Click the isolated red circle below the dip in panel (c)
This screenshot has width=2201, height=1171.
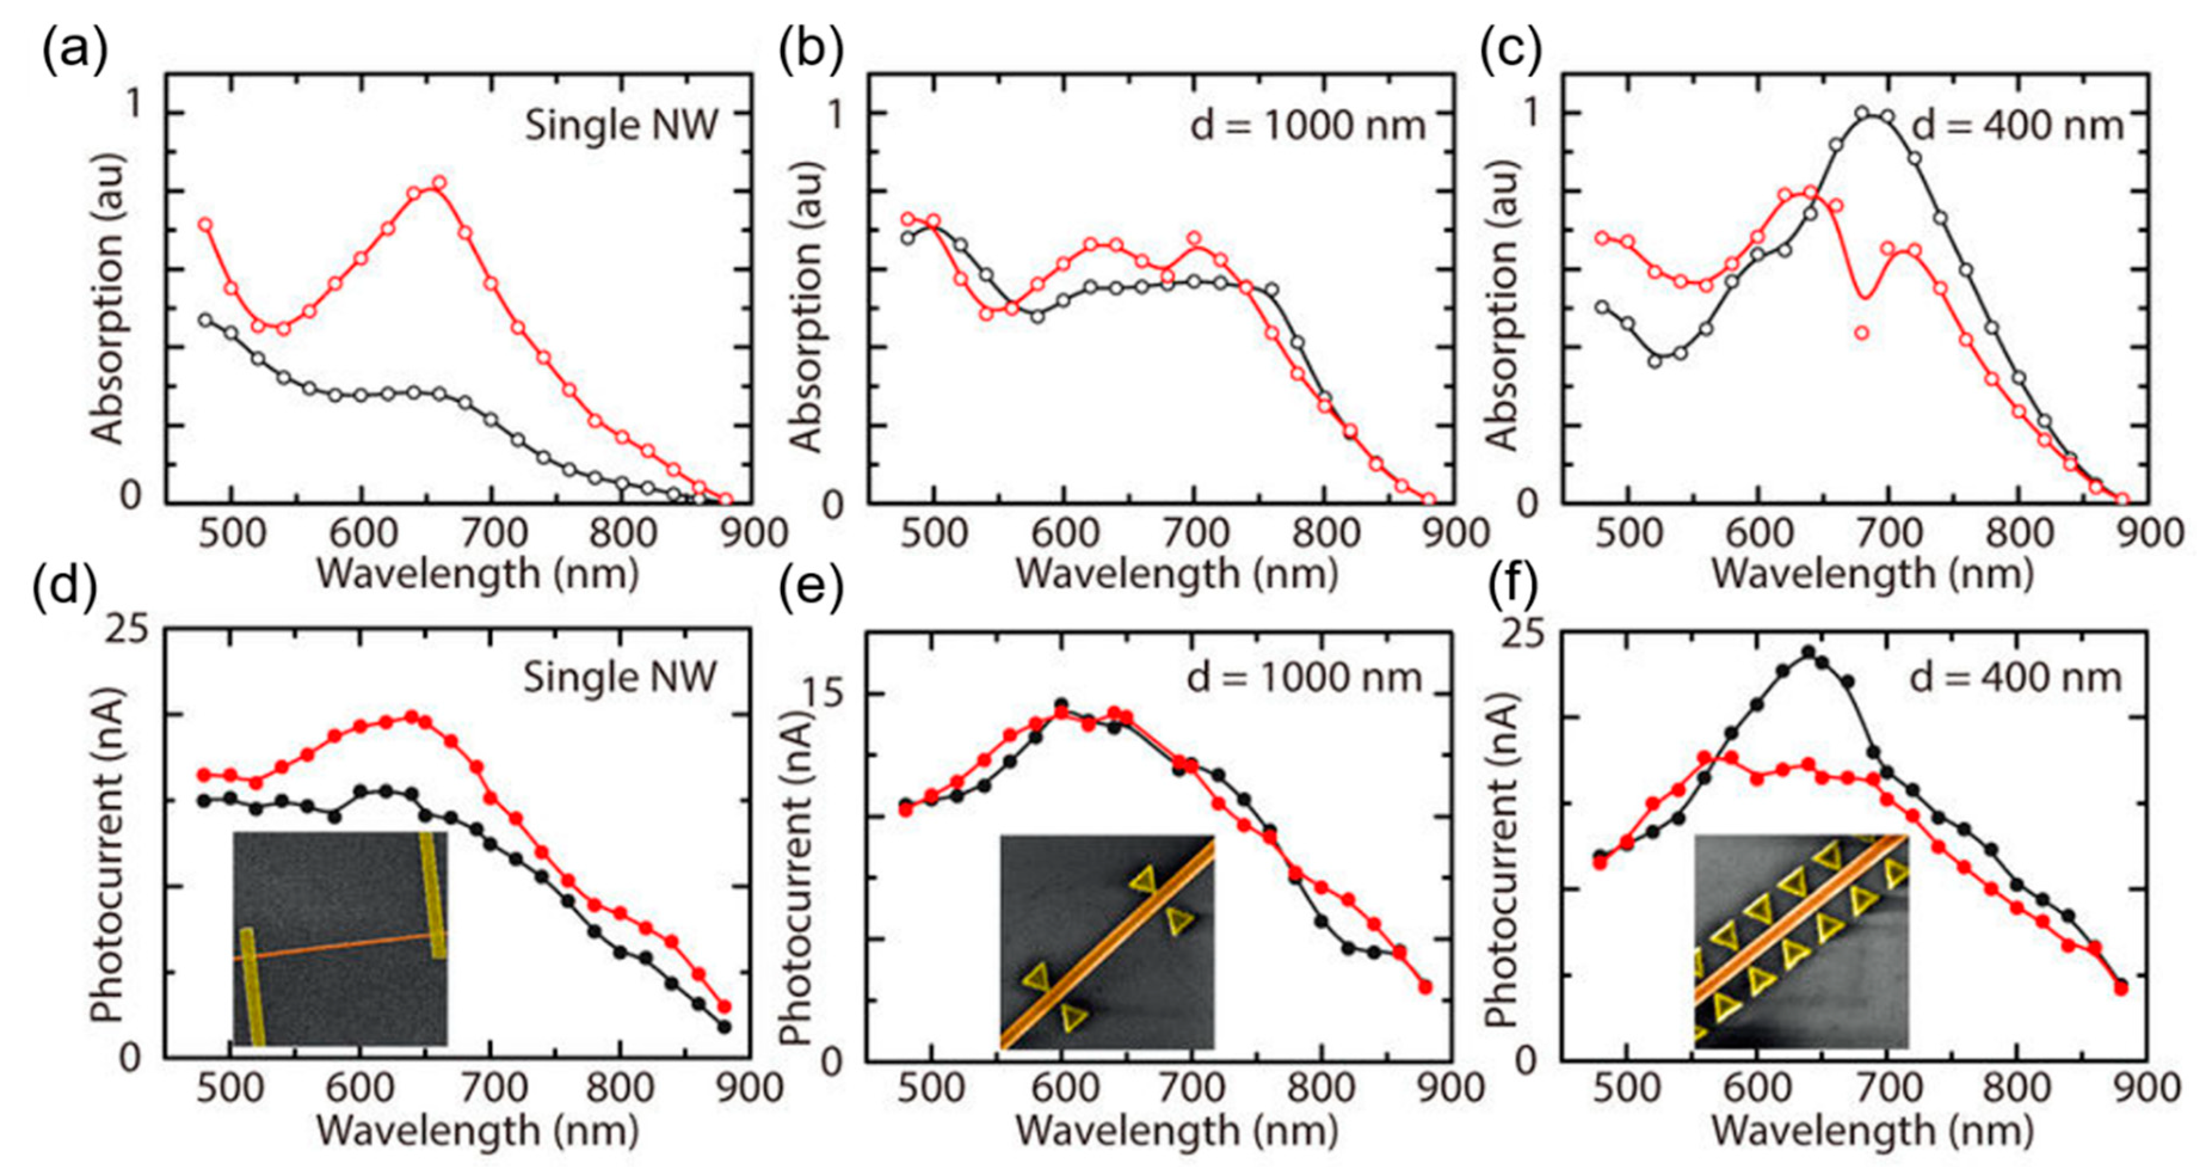coord(1862,332)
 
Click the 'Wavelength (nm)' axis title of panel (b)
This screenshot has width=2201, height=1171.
coord(1176,574)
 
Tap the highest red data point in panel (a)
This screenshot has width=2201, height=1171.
coord(439,183)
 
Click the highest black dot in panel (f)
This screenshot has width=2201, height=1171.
coord(1808,651)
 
